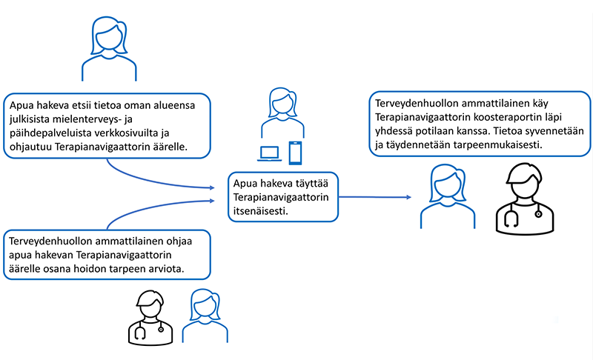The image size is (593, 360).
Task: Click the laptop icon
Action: [x=270, y=153]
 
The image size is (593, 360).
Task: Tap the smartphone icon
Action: [x=295, y=153]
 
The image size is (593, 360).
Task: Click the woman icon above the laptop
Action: [x=282, y=113]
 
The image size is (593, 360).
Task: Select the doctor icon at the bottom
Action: [x=150, y=318]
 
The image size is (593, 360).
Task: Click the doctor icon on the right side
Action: [x=525, y=199]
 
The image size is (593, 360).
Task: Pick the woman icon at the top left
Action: [x=109, y=48]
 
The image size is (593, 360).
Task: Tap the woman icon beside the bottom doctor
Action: [x=205, y=316]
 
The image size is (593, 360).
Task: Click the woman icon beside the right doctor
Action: [x=448, y=196]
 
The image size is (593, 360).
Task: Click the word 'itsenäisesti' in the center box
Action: [x=261, y=211]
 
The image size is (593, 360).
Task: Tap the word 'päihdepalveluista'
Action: [x=50, y=133]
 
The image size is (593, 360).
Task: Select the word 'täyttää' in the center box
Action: [x=311, y=184]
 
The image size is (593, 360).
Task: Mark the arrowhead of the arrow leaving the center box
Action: [x=408, y=197]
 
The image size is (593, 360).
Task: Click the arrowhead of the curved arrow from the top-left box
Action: [x=212, y=187]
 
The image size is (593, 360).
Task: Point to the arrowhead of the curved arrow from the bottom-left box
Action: [x=212, y=201]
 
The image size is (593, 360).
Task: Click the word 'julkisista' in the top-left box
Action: [x=30, y=119]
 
